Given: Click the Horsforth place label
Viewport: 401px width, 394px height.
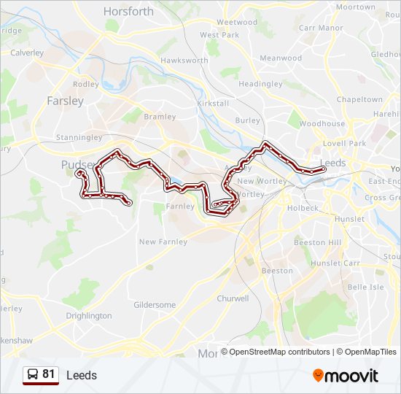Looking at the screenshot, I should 128,11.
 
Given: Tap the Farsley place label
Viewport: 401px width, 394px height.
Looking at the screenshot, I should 65,101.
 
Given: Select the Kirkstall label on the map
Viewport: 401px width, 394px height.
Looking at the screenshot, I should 213,104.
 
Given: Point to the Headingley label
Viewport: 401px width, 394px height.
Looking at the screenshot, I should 260,84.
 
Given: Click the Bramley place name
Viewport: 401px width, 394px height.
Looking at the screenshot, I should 160,116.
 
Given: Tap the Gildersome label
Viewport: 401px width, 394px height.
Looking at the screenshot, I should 155,304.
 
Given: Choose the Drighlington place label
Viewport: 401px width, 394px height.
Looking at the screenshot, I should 89,316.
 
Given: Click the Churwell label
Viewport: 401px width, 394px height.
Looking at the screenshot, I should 233,298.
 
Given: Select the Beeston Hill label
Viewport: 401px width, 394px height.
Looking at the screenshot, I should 317,242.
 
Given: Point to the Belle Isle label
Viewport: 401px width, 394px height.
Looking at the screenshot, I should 365,287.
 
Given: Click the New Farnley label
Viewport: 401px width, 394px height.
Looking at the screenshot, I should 163,242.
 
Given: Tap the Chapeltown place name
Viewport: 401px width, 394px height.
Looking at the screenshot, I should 359,99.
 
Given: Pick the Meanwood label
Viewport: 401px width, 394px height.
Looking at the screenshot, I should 281,58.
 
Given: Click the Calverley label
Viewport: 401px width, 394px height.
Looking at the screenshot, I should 27,53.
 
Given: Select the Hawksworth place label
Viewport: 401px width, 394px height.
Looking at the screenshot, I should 184,60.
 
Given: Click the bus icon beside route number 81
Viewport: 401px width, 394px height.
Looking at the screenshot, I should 33,375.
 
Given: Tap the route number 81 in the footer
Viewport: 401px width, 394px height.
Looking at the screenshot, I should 49,374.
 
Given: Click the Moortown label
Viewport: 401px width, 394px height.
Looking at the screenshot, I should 357,7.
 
